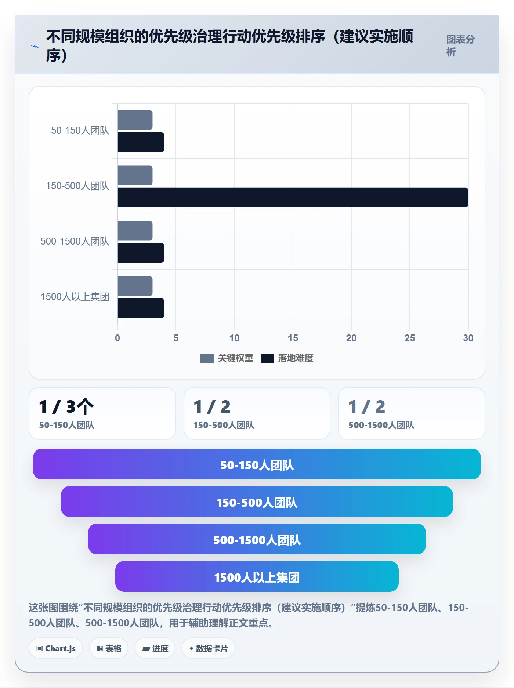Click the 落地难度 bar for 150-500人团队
(x=293, y=198)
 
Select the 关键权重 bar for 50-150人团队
(x=135, y=120)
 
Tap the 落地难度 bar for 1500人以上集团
(x=141, y=308)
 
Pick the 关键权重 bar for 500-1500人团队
(x=135, y=231)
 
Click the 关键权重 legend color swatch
(x=207, y=358)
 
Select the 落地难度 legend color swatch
(x=267, y=358)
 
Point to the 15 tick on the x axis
(x=293, y=338)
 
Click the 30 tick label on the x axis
(x=468, y=338)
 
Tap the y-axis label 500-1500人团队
(x=75, y=241)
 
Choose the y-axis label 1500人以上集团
(x=75, y=297)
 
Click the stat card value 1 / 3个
(x=66, y=407)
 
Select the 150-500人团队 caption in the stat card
(x=224, y=425)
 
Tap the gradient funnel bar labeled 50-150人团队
(x=257, y=464)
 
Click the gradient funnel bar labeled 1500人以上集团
(x=257, y=576)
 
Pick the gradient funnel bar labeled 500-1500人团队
(x=257, y=539)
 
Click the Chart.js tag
(x=56, y=648)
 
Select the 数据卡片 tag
(x=209, y=648)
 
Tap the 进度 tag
(x=155, y=648)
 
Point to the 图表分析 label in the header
(x=460, y=46)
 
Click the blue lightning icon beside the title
(x=35, y=46)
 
